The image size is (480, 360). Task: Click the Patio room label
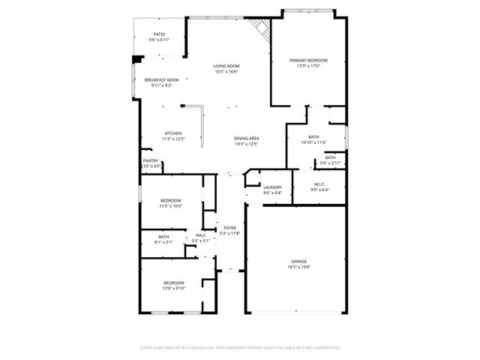pyautogui.click(x=159, y=34)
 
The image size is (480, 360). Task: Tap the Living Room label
pyautogui.click(x=226, y=66)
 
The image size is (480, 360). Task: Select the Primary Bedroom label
pyautogui.click(x=308, y=61)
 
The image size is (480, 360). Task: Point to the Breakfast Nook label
pyautogui.click(x=161, y=80)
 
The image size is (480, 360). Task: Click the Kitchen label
pyautogui.click(x=173, y=133)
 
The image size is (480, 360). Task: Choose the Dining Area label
pyautogui.click(x=246, y=138)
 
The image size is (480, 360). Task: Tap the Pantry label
pyautogui.click(x=151, y=160)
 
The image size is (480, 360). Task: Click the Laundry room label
pyautogui.click(x=272, y=187)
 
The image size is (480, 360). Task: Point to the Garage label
pyautogui.click(x=298, y=261)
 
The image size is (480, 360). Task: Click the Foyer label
pyautogui.click(x=229, y=228)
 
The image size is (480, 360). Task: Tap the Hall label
pyautogui.click(x=200, y=235)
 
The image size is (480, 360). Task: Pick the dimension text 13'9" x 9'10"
pyautogui.click(x=173, y=288)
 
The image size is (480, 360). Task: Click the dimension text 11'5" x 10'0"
pyautogui.click(x=171, y=205)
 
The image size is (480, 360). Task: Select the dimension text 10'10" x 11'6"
pyautogui.click(x=314, y=142)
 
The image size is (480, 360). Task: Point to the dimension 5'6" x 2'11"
pyautogui.click(x=330, y=163)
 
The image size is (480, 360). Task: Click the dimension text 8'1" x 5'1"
pyautogui.click(x=163, y=241)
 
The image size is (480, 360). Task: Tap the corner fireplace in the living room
pyautogui.click(x=259, y=30)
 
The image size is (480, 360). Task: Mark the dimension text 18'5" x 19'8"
pyautogui.click(x=298, y=266)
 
